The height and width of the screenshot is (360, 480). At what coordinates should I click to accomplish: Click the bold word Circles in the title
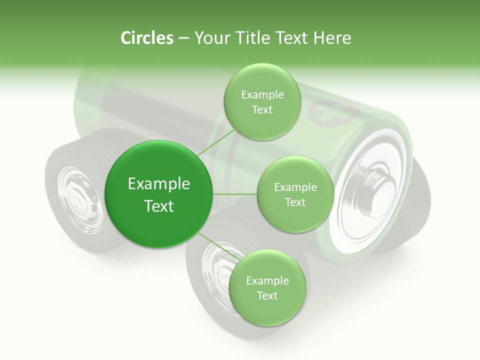pos(146,38)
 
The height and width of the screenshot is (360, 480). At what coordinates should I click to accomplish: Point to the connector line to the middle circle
pos(235,194)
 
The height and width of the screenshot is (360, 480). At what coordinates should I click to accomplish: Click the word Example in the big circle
pos(159,184)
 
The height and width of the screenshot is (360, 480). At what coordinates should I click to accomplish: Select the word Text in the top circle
pos(262,109)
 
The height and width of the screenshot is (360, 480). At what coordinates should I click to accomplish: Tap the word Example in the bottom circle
pos(267,280)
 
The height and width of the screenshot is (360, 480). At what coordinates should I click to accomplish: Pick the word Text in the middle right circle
pos(295,202)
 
